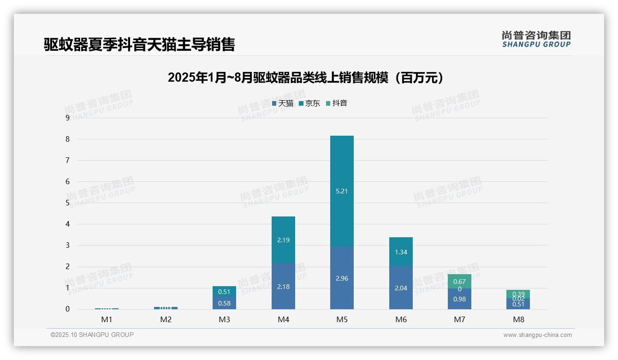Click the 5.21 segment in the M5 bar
pyautogui.click(x=342, y=191)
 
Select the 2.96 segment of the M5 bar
pyautogui.click(x=342, y=278)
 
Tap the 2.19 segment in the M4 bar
pyautogui.click(x=283, y=240)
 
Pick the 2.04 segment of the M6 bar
pyautogui.click(x=401, y=288)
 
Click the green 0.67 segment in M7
pyautogui.click(x=459, y=281)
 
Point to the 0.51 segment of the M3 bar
pyautogui.click(x=224, y=292)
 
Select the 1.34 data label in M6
pyautogui.click(x=401, y=252)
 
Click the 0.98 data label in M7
pyautogui.click(x=459, y=299)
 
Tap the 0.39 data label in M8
pyautogui.click(x=518, y=294)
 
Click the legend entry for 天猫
pyautogui.click(x=282, y=103)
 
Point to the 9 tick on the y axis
pyautogui.click(x=68, y=118)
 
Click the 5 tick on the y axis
pyautogui.click(x=68, y=203)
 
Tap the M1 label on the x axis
pyautogui.click(x=107, y=319)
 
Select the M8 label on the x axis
pyautogui.click(x=518, y=319)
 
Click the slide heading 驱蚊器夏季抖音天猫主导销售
pyautogui.click(x=139, y=44)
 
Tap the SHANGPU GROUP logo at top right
pyautogui.click(x=536, y=39)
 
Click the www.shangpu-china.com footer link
pyautogui.click(x=537, y=335)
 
